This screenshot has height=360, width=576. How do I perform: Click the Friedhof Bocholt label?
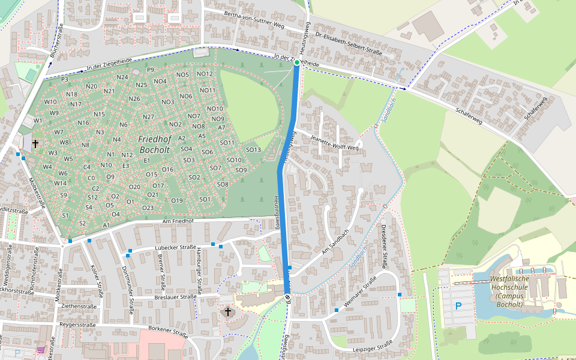pyautogui.click(x=155, y=144)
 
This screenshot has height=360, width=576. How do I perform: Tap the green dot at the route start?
pyautogui.click(x=297, y=62)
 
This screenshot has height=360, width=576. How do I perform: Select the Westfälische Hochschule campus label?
pyautogui.click(x=510, y=291)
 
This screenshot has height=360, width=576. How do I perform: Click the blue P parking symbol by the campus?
pyautogui.click(x=458, y=306)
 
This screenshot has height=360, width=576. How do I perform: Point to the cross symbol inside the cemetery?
pyautogui.click(x=35, y=143)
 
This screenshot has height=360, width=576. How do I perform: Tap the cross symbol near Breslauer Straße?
pyautogui.click(x=227, y=311)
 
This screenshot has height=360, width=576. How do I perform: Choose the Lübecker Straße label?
pyautogui.click(x=175, y=247)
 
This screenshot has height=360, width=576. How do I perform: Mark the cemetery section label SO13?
pyautogui.click(x=253, y=149)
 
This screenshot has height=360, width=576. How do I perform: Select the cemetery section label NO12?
pyautogui.click(x=205, y=74)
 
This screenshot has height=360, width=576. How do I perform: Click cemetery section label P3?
pyautogui.click(x=65, y=79)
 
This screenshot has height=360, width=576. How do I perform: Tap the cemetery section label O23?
pyautogui.click(x=148, y=208)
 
